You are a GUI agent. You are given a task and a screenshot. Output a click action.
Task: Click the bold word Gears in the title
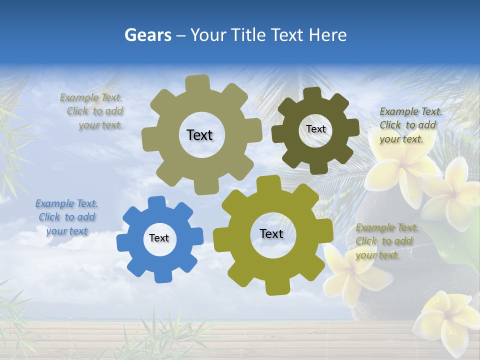pyautogui.click(x=147, y=35)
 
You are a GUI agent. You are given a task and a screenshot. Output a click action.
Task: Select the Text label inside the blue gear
pyautogui.click(x=159, y=238)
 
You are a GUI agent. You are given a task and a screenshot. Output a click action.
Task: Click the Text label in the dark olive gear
pyautogui.click(x=316, y=129)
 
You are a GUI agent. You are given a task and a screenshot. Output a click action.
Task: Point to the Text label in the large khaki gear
pyautogui.click(x=199, y=135)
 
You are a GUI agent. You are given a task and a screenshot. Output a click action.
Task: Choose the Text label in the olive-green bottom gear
pyautogui.click(x=271, y=234)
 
